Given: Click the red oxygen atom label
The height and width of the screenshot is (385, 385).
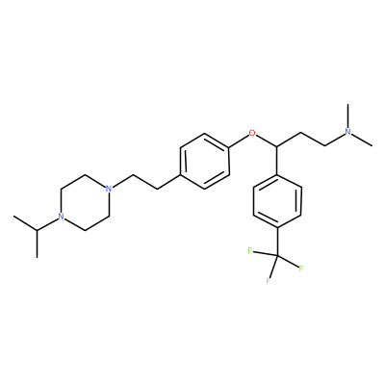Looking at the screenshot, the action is point(253,133).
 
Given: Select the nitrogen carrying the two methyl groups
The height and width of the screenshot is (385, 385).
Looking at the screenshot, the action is point(348,132).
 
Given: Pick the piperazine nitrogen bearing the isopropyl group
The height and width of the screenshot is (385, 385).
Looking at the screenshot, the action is point(61,217).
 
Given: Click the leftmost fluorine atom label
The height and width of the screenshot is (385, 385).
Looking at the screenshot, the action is point(250,251).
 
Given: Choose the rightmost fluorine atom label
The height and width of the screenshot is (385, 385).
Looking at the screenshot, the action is point(301,269).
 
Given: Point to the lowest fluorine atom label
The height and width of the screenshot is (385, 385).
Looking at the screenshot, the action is point(268,281).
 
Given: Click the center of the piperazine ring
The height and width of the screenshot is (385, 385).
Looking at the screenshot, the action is point(85,202).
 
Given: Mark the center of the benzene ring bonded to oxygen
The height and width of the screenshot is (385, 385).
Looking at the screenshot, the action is point(205,161).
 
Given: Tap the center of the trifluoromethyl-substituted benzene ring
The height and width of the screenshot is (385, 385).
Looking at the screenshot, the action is point(277,202).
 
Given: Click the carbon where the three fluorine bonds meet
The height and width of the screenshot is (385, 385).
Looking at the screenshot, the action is point(277,256).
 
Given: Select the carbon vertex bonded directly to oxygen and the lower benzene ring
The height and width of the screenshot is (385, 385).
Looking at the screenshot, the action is point(277,146).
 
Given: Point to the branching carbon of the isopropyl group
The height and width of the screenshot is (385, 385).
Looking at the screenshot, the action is point(37,230).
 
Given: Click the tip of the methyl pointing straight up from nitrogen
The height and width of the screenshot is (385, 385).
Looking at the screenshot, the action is point(348,104).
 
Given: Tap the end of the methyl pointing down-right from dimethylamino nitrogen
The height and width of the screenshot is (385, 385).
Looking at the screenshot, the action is point(372,146).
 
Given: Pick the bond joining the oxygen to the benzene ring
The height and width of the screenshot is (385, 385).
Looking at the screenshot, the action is point(240,141).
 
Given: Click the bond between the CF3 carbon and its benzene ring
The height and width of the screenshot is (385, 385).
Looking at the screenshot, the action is point(277,243).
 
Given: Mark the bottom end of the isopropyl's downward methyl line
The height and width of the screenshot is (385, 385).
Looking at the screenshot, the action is point(37,257).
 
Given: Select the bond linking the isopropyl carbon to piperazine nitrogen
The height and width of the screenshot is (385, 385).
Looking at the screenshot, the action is point(47,224).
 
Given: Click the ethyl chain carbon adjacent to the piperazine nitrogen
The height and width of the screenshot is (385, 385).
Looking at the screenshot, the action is point(133,175).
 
